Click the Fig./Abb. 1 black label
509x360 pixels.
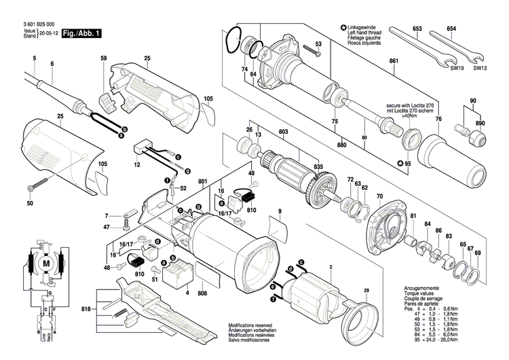(x=82, y=33)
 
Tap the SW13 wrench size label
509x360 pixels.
(x=479, y=68)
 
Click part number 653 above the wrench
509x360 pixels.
(x=417, y=29)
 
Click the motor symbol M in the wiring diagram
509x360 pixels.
(x=47, y=263)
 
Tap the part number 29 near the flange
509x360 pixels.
(x=366, y=291)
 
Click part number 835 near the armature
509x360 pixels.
(x=318, y=166)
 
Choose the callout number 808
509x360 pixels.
(x=202, y=293)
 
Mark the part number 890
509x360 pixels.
(x=480, y=123)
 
